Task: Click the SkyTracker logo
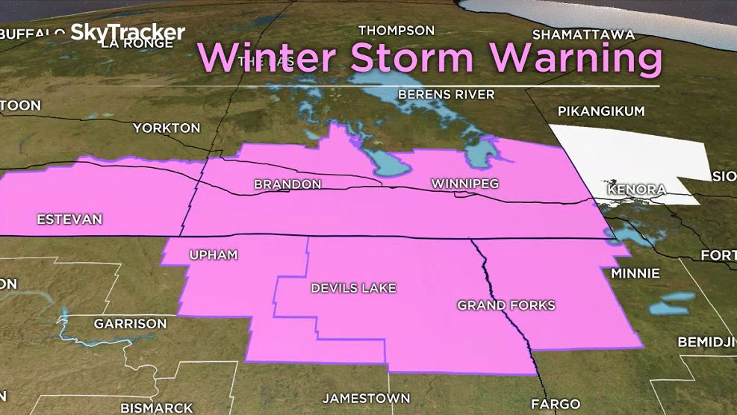128,32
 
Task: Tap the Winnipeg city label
464,183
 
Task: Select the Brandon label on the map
287,184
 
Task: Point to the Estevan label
69,219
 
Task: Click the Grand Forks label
506,305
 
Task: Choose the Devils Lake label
353,287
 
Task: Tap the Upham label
213,255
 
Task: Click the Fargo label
555,404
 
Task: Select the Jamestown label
366,398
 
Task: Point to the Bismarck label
157,408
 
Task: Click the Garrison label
130,324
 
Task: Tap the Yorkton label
167,128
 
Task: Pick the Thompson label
396,31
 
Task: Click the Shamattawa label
583,34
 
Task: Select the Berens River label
447,94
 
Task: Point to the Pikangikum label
601,111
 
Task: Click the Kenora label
636,190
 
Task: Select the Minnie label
635,273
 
